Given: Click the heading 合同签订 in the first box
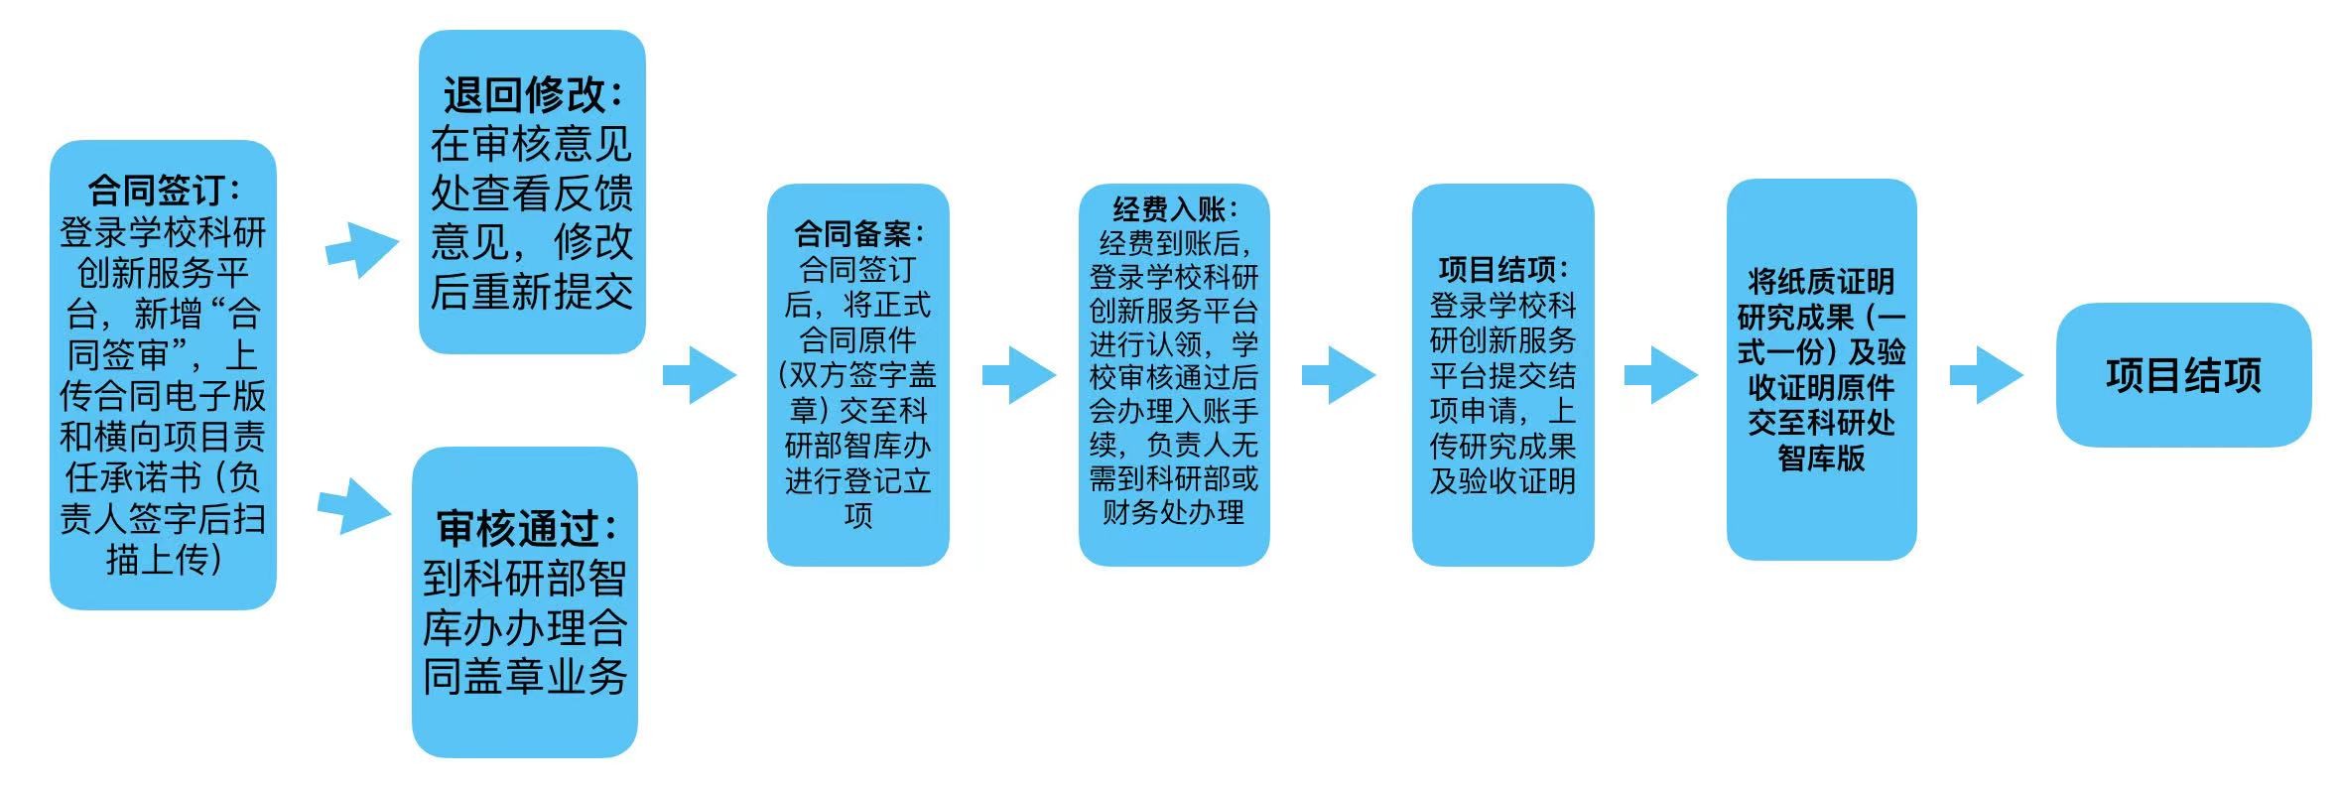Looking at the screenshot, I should [x=163, y=190].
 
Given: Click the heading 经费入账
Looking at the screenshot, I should [x=1174, y=209].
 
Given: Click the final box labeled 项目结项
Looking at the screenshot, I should [x=2183, y=375].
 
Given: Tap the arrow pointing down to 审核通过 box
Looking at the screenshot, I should [x=355, y=507].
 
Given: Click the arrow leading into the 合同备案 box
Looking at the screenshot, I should [x=701, y=375].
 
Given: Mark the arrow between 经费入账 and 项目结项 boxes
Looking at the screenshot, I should [x=1339, y=375].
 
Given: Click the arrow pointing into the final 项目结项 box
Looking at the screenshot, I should [x=1987, y=375].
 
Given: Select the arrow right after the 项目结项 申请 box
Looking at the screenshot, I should [x=1660, y=375].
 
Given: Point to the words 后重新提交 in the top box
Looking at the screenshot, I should [x=532, y=292].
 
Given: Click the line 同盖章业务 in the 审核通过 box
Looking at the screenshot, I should [x=525, y=677].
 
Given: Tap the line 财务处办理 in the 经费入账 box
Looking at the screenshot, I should [x=1174, y=513].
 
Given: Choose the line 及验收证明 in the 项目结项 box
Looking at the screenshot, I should [x=1502, y=481].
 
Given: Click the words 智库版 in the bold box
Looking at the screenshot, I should [x=1821, y=458].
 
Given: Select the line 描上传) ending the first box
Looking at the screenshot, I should [x=163, y=560].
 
